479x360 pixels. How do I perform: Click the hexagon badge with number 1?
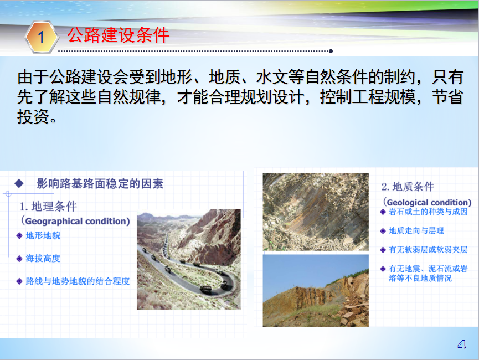pos(41,37)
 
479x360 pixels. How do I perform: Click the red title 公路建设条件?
pos(118,35)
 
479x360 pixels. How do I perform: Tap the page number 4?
pos(462,345)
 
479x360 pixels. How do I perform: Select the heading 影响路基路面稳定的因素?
pos(100,184)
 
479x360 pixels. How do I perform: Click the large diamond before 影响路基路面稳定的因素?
pos(19,183)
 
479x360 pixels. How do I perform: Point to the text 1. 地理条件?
pos(48,207)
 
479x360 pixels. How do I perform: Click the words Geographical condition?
pos(78,221)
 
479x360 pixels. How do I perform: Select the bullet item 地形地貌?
pos(43,235)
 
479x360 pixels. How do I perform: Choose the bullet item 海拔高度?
pos(43,259)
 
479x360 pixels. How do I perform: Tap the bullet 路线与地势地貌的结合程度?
pos(78,281)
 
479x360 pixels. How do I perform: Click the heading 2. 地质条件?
pos(408,187)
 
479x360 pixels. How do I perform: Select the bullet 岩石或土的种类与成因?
pos(428,212)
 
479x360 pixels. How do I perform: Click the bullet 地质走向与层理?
pos(416,231)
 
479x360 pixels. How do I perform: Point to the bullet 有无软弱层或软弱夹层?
pos(428,250)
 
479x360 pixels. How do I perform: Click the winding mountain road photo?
pos(189,259)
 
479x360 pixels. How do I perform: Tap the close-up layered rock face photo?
pos(316,212)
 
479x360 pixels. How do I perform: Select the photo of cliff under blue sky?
pos(316,291)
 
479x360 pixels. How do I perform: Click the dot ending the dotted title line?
pos(331,51)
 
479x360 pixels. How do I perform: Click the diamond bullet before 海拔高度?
pos(19,259)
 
